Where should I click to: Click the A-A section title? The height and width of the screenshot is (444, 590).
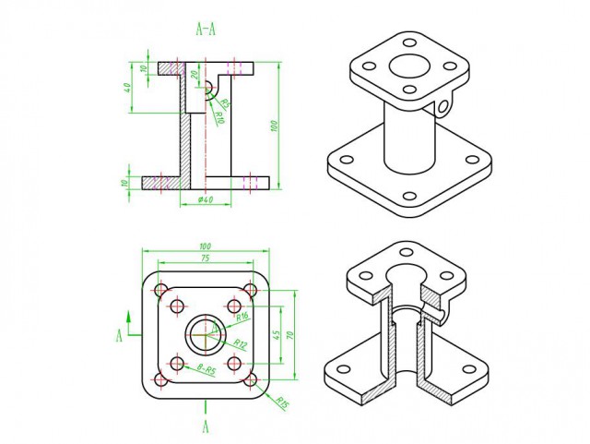pos(206,29)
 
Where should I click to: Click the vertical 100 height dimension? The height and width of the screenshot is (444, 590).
pos(274,125)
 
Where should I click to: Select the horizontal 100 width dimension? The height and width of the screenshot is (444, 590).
pos(205,246)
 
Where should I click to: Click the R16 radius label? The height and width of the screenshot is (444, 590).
pos(242,317)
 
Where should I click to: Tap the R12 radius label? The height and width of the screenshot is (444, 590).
pos(240,343)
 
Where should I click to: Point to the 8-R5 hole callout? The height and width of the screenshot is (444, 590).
pos(206,368)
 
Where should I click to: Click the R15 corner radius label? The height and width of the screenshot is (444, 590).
pos(282,403)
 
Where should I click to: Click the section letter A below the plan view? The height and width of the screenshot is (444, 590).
pos(206,426)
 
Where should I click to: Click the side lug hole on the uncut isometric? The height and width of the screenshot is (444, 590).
pos(446,108)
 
